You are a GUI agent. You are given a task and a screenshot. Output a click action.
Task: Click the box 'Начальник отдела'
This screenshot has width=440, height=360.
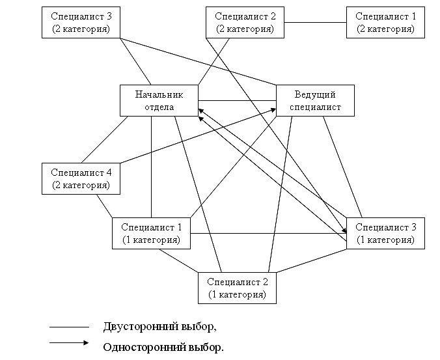[159, 100]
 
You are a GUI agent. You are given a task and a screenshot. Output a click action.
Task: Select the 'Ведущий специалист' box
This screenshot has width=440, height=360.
[316, 100]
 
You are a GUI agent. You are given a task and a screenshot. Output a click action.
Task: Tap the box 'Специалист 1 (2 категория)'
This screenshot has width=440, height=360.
[385, 22]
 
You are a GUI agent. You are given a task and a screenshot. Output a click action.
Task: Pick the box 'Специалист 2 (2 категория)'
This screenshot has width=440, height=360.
[245, 22]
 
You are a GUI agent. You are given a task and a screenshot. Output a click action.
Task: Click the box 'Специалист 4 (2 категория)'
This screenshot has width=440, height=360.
[81, 178]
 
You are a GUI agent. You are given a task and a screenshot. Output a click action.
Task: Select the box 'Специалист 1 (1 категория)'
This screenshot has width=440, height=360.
[151, 233]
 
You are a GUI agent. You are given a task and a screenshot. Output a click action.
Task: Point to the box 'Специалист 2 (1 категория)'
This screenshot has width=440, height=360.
[238, 287]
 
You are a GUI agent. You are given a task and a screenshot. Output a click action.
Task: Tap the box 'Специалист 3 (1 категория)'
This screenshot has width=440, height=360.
[385, 232]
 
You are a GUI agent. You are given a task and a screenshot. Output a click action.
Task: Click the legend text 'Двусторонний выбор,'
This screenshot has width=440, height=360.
[159, 326]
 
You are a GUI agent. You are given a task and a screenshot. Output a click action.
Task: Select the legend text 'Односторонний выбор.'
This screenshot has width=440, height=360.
[163, 347]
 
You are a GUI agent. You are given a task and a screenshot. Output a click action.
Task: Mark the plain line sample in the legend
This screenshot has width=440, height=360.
[69, 327]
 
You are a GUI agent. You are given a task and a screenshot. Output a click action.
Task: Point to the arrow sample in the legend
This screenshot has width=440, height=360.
[69, 343]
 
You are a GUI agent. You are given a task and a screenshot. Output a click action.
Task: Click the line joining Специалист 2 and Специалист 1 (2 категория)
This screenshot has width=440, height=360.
[315, 23]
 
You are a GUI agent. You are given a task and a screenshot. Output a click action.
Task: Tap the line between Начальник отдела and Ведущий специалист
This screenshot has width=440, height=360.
[238, 101]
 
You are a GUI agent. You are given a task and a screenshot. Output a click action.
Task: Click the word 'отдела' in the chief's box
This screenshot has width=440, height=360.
[159, 107]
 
